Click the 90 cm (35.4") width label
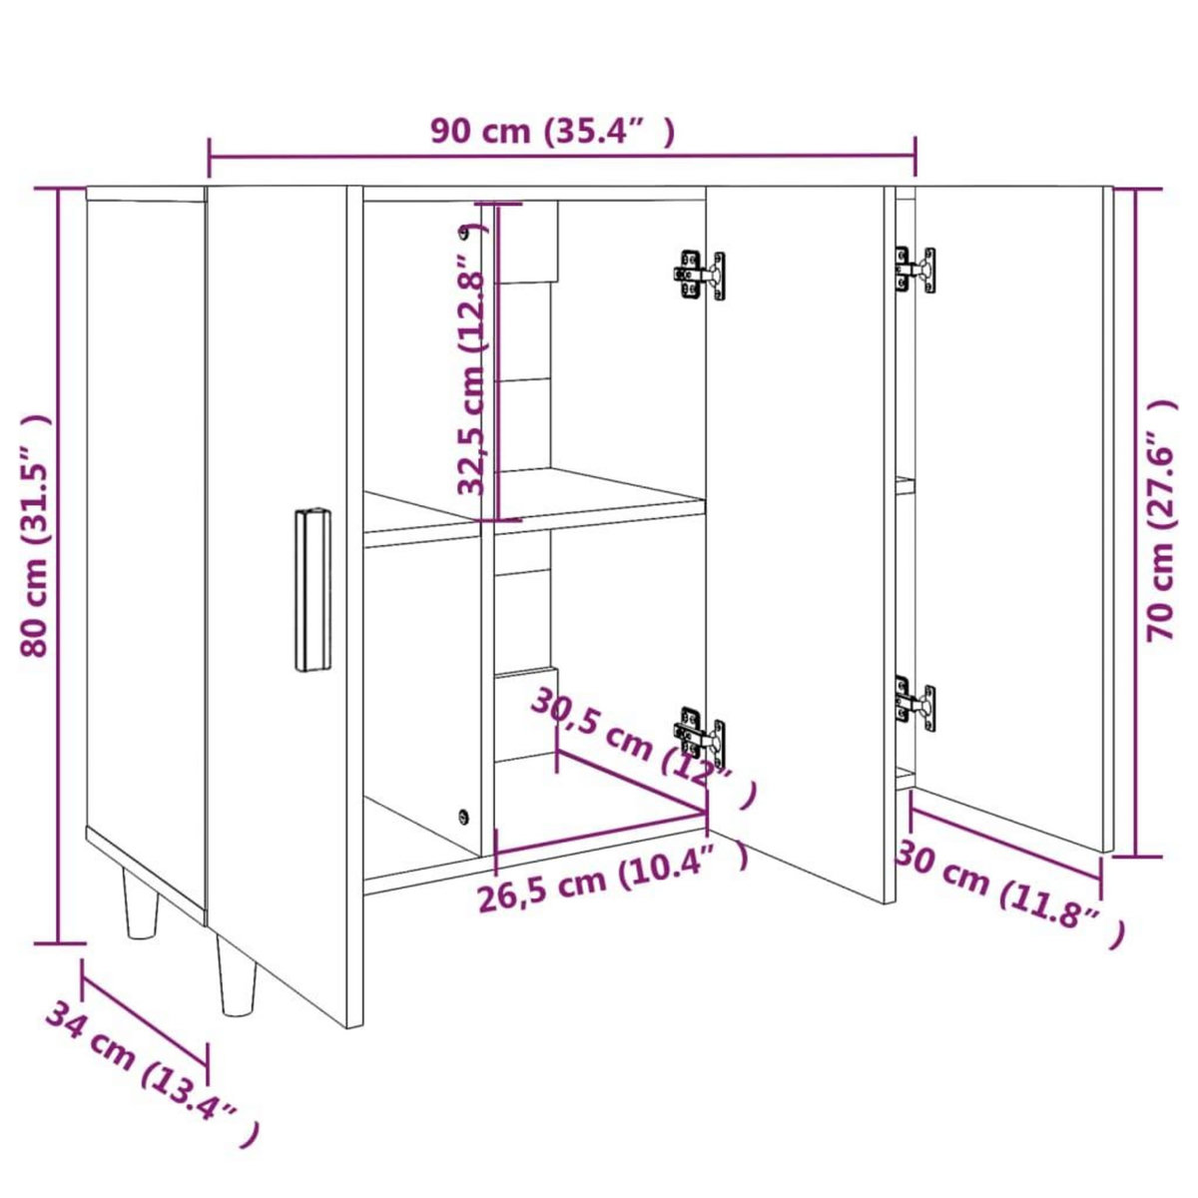[552, 131]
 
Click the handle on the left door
[312, 590]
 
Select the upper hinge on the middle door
[699, 275]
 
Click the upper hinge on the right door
[915, 270]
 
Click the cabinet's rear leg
[141, 903]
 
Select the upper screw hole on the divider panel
[463, 234]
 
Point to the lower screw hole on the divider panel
[463, 816]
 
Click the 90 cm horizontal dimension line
[562, 156]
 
